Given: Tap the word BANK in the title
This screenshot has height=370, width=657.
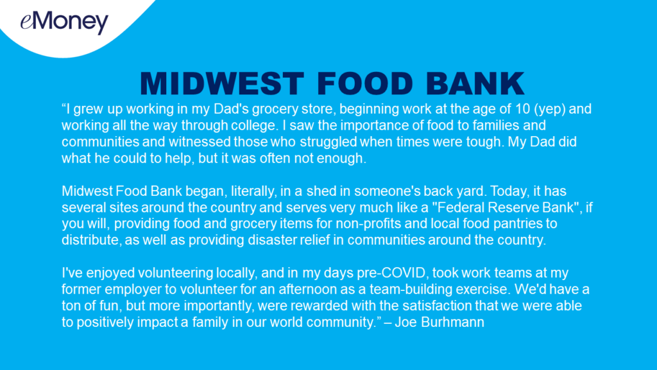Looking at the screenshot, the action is click(x=475, y=84).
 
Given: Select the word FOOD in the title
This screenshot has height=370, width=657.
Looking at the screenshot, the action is click(x=365, y=84).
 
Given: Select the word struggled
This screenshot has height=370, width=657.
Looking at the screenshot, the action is click(x=328, y=142).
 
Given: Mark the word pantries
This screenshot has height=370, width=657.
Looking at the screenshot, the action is click(x=518, y=224).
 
